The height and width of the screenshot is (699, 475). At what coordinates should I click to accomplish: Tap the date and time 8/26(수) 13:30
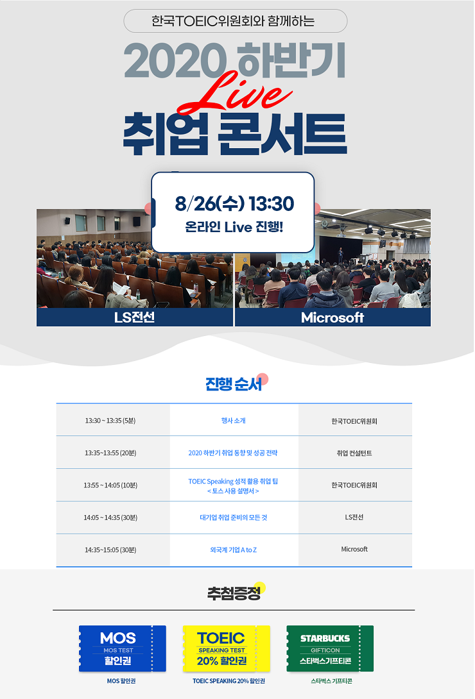coord(234,204)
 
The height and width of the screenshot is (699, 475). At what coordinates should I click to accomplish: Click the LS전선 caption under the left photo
coord(134,317)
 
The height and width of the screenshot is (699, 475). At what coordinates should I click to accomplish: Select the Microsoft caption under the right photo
coord(332,317)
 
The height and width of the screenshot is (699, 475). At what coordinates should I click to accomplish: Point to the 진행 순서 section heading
coord(234,384)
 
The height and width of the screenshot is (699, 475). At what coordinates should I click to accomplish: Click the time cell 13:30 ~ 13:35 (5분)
coord(110,421)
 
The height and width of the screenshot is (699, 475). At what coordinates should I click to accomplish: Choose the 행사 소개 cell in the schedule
coord(233,421)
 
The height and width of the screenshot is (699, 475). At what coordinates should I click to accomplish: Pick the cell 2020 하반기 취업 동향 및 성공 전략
coord(233,453)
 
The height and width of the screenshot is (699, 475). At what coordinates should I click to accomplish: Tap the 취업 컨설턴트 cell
coord(354,453)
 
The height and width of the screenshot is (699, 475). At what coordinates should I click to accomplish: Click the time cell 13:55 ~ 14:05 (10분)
coord(110,485)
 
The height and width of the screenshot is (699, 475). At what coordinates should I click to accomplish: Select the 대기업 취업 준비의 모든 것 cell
coord(233,518)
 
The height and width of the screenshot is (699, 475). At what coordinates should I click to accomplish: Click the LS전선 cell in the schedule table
coord(354,517)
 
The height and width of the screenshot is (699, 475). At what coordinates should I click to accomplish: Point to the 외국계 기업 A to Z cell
coord(233,550)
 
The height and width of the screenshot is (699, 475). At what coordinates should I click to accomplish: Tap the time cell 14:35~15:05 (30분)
coord(110,550)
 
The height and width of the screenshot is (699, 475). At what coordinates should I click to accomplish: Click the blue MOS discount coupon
coord(122,648)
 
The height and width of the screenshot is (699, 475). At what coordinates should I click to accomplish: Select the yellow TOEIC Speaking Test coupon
coord(226,648)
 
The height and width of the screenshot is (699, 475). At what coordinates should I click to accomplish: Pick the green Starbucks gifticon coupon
coord(330,648)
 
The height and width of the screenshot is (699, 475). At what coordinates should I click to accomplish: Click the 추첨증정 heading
coord(234,593)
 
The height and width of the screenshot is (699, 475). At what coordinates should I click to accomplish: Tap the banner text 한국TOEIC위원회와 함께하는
coord(233,21)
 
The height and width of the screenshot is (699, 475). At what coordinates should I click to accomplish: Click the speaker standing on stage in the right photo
coord(340,255)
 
